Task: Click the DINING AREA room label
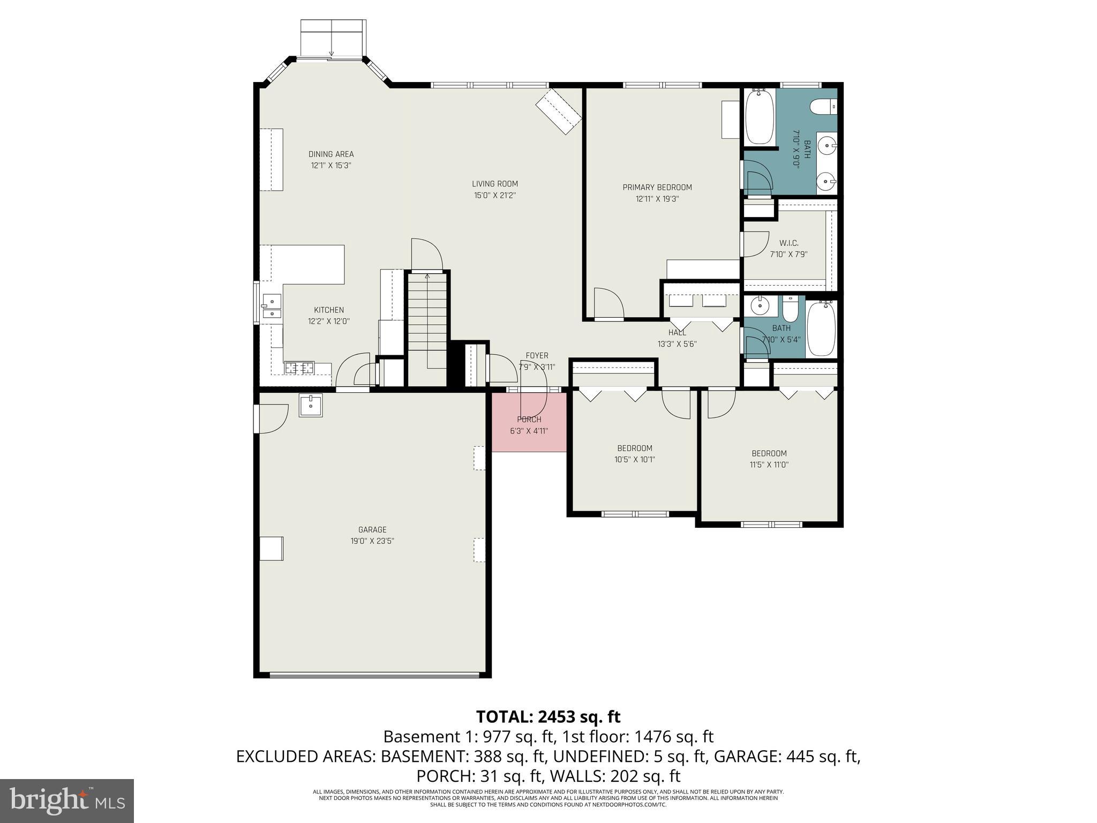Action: pyautogui.click(x=331, y=154)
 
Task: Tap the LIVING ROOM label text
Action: pyautogui.click(x=494, y=184)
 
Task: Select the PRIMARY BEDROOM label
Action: pyautogui.click(x=657, y=187)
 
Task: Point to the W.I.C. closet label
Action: pyautogui.click(x=788, y=243)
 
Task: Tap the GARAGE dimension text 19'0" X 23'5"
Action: pyautogui.click(x=372, y=541)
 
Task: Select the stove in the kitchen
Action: pyautogui.click(x=299, y=368)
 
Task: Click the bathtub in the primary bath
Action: pyautogui.click(x=760, y=116)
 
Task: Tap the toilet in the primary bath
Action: pyautogui.click(x=823, y=107)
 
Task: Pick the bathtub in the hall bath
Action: pyautogui.click(x=821, y=328)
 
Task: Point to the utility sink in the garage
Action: pyautogui.click(x=311, y=405)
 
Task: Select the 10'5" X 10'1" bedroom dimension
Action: pyautogui.click(x=634, y=460)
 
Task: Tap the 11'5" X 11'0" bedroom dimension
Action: pyautogui.click(x=769, y=465)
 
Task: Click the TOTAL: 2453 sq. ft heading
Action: pyautogui.click(x=548, y=716)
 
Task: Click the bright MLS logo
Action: pyautogui.click(x=67, y=800)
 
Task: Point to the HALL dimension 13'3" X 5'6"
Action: pyautogui.click(x=677, y=345)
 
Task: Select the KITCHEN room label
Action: pyautogui.click(x=328, y=310)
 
